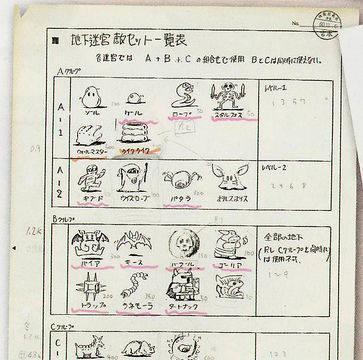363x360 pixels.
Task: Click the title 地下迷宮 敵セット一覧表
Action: pyautogui.click(x=139, y=40)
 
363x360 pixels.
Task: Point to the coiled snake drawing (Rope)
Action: pyautogui.click(x=182, y=95)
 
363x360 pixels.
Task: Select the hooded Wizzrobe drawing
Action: pyautogui.click(x=132, y=179)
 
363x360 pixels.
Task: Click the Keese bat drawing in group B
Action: pyautogui.click(x=135, y=241)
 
